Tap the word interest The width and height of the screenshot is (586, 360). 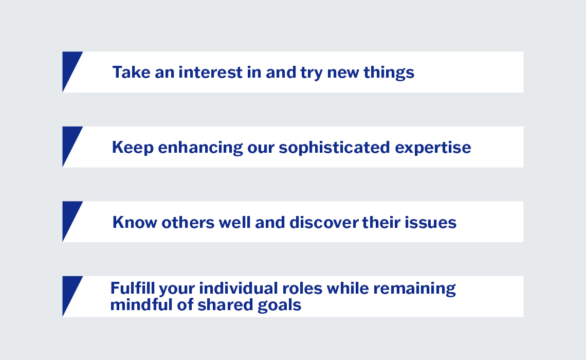tap(210, 72)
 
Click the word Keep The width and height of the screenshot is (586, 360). tap(133, 148)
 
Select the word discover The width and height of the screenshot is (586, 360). tap(324, 222)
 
